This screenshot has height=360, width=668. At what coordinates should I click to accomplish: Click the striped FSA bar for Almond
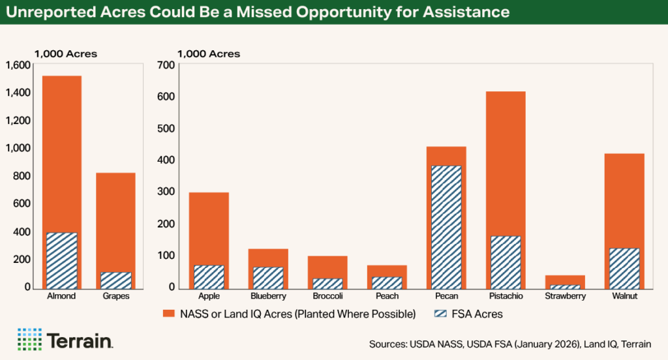(61, 260)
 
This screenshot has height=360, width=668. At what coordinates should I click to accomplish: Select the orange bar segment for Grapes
(115, 222)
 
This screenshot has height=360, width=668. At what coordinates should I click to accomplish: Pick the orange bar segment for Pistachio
(505, 163)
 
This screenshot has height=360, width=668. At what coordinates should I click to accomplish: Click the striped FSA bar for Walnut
(624, 267)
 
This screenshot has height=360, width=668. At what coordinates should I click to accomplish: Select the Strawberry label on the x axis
(565, 296)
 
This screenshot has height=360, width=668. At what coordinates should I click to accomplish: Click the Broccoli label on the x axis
(327, 296)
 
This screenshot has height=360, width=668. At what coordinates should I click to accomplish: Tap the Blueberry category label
(268, 296)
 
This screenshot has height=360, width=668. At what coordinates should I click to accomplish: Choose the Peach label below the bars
(387, 296)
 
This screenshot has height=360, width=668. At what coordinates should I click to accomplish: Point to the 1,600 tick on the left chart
(18, 65)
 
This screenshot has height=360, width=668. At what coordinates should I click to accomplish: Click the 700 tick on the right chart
(165, 65)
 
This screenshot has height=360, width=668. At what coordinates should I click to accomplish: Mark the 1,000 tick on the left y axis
(18, 148)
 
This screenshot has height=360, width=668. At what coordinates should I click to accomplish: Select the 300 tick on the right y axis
(165, 192)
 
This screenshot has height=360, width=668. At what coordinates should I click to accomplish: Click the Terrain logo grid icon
(29, 339)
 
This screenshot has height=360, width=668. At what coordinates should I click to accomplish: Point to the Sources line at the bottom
(513, 343)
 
